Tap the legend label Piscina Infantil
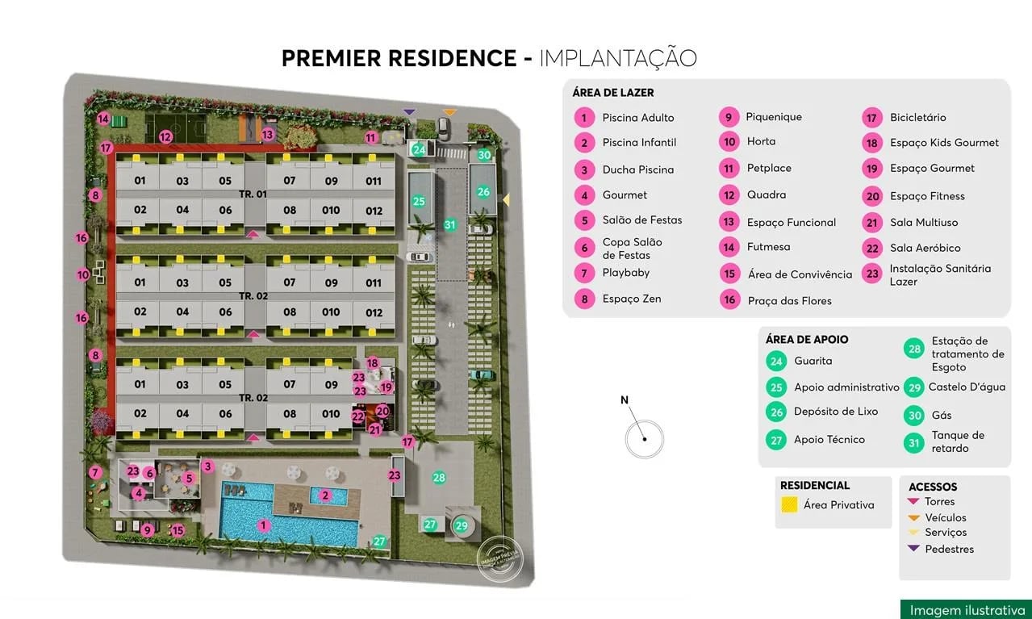[639, 143]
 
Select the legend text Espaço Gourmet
[932, 169]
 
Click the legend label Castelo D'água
[967, 387]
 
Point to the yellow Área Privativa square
[789, 505]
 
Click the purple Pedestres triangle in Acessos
[913, 549]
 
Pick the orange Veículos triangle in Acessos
[913, 517]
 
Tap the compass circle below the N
[645, 440]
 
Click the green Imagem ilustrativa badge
[967, 610]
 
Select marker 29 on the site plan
[462, 525]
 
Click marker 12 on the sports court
[165, 137]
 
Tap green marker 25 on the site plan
[419, 201]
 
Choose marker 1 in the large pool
[262, 525]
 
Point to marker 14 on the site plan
[103, 119]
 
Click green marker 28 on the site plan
[439, 478]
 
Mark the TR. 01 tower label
[253, 194]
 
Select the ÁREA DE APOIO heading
[807, 340]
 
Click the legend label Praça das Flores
[789, 301]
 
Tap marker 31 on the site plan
[450, 225]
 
